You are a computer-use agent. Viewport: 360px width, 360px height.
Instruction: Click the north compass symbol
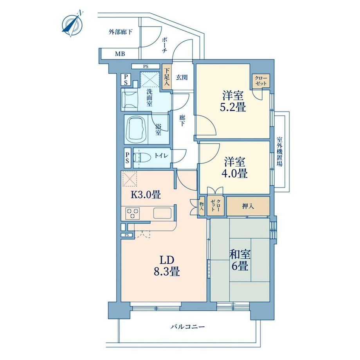tap(72, 23)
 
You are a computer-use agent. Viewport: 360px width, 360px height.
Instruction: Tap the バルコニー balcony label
tap(187, 326)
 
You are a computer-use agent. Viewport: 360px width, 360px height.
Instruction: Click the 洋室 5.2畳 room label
tap(233, 101)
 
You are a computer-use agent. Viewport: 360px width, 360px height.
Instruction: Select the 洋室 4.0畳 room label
tap(234, 167)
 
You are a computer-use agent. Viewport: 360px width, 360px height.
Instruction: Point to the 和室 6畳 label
tap(240, 260)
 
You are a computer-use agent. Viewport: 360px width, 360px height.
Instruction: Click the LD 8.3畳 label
tap(167, 266)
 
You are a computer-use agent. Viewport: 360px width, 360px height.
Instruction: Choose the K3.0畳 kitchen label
tap(146, 195)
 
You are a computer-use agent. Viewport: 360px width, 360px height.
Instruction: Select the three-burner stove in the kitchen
tap(133, 213)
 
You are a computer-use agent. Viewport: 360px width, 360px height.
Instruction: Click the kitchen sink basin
tap(162, 213)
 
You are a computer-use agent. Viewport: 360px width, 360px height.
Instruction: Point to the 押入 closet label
tap(248, 206)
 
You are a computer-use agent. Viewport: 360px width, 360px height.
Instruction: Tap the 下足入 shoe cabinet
tap(167, 77)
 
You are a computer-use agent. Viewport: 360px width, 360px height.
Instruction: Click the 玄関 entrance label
tap(182, 77)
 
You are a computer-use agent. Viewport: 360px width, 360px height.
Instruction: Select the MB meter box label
tap(120, 54)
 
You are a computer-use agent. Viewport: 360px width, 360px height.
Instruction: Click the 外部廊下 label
tap(120, 32)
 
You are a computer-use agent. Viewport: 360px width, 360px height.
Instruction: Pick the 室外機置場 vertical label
tap(279, 151)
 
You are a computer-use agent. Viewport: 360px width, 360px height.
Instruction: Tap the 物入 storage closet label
tap(202, 206)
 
